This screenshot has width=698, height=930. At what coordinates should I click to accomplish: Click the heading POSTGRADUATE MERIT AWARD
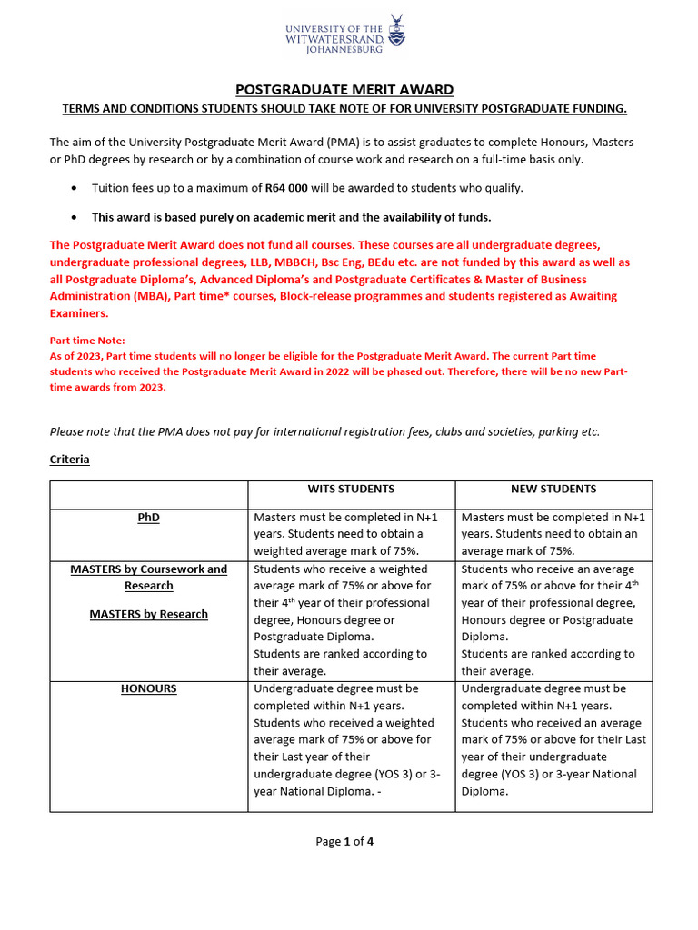344,90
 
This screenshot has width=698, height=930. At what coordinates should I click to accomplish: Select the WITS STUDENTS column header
352,489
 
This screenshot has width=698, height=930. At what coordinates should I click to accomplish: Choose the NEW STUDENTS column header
553,489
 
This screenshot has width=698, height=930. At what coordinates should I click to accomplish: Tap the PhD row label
149,517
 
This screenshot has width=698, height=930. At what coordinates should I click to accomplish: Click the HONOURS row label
149,688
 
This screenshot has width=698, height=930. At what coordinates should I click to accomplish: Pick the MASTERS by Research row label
149,614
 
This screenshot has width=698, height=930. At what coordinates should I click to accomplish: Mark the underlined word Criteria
69,460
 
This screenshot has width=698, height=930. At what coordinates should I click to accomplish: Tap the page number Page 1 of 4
344,841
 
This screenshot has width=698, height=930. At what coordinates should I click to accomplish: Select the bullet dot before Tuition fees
74,189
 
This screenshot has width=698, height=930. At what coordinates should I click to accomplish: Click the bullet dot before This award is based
74,218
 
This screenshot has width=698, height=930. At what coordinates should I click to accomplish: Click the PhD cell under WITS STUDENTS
352,534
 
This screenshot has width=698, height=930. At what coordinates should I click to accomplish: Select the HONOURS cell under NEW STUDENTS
553,739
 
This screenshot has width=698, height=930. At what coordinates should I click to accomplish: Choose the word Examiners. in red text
78,313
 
